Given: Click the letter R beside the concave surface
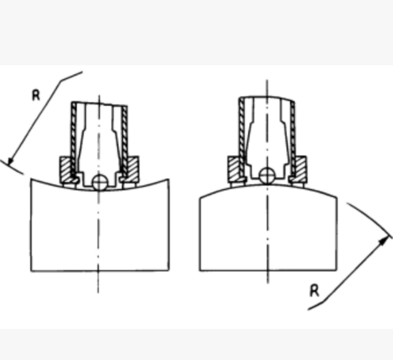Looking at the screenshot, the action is coord(36,96).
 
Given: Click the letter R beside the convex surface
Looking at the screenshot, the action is coord(314,291).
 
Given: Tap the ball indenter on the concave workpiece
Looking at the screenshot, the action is coord(100,182).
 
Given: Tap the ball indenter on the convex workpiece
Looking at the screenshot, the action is coord(267,176).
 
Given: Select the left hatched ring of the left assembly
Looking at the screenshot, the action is coord(66,170).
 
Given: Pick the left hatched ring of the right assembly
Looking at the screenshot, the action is coord(234,169).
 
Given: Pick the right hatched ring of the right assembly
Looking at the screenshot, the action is coord(301,169).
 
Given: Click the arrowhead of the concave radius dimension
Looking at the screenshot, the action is coord(10,161).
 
